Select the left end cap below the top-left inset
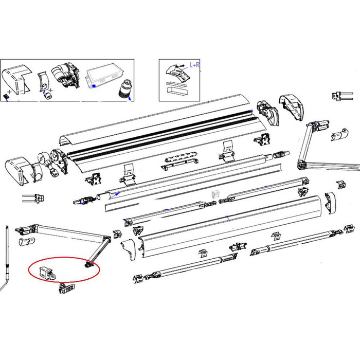point(17,169)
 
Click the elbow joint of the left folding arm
point(107,239)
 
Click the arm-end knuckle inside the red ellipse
point(89,265)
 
